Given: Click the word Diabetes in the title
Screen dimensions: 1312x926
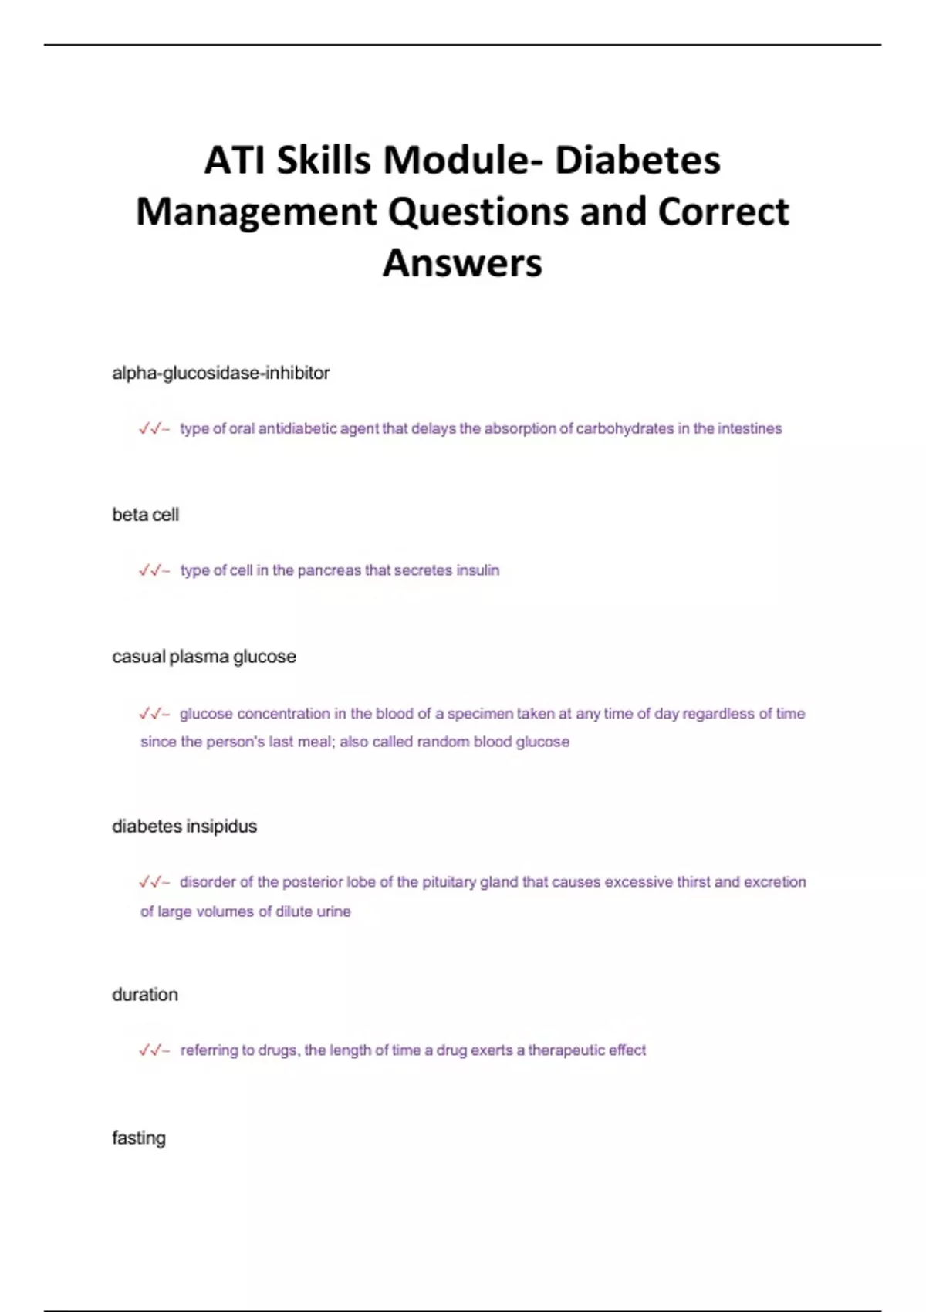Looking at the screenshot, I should click(x=637, y=161).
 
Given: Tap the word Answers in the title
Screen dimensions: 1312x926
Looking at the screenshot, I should click(x=462, y=262).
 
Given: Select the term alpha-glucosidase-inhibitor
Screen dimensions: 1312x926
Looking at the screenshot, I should click(x=221, y=373).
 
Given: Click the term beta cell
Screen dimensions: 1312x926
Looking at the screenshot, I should click(x=145, y=515).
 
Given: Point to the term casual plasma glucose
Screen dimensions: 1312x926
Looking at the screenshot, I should click(x=204, y=657).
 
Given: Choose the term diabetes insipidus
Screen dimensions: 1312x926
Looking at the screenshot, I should click(x=184, y=827).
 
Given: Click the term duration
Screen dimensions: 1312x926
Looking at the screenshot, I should click(x=145, y=995).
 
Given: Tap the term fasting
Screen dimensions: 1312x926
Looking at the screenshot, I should click(x=139, y=1138).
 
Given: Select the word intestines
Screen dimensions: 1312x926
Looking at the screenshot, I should click(x=749, y=429).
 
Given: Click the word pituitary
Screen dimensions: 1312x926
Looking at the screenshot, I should click(x=448, y=882).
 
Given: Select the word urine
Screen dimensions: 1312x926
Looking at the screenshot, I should click(x=333, y=912).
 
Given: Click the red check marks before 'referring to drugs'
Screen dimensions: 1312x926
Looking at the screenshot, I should click(x=152, y=1050).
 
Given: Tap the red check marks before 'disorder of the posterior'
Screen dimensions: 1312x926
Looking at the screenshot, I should click(x=152, y=882).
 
